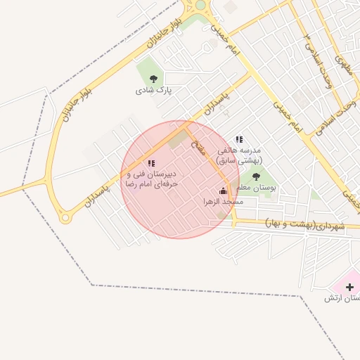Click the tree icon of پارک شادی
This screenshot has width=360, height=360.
click(x=154, y=79)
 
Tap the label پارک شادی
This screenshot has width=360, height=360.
click(x=154, y=91)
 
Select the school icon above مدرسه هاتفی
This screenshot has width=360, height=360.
click(x=239, y=139)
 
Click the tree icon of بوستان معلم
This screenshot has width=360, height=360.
click(x=255, y=176)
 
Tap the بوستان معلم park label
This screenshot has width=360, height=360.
click(x=255, y=188)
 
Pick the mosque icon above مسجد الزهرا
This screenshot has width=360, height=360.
click(x=223, y=190)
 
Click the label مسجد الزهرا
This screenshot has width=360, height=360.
click(x=223, y=202)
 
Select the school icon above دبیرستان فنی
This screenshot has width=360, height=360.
click(x=151, y=163)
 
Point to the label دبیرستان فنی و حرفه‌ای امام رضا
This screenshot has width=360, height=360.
click(x=151, y=178)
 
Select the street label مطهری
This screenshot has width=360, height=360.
click(x=343, y=65)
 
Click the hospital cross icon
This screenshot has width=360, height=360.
click(x=350, y=287)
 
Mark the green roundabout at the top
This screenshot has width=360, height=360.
click(x=201, y=5)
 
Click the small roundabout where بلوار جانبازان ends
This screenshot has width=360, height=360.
click(x=66, y=218)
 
